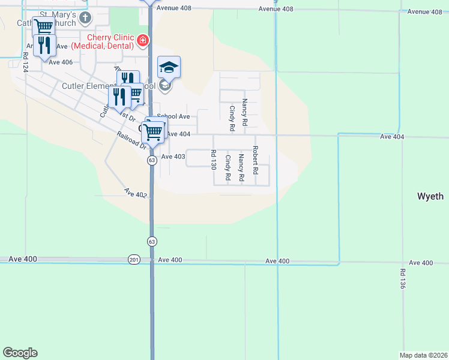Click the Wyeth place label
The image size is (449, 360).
coord(430,196)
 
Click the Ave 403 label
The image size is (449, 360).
coord(173,157)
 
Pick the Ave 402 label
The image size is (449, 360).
coord(136,193)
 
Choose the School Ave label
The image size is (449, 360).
coord(173,116)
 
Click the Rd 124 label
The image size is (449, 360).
coord(26,62)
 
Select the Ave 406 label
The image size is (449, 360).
coord(61,62)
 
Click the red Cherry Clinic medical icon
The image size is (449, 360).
coord(143,41)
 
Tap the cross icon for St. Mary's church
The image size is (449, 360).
coord(85,17)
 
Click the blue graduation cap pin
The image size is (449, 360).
coord(169,68)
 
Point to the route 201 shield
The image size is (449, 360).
coord(133,260)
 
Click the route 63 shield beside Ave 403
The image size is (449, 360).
coord(152,160)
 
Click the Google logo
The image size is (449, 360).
coord(20,353)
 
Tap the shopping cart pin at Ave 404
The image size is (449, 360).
coord(153,132)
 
